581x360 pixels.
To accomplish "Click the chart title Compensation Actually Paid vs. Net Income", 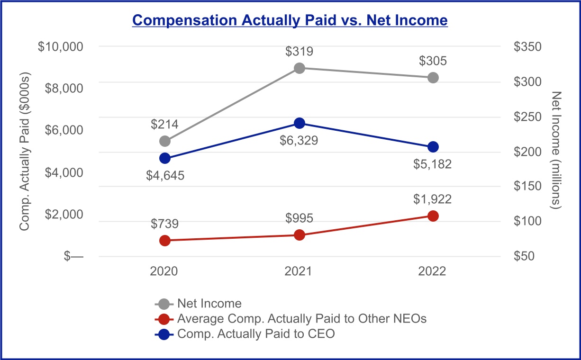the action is click(x=290, y=20).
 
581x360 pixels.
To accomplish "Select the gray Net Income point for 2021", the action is click(x=300, y=68).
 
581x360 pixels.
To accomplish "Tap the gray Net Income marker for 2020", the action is click(x=165, y=141).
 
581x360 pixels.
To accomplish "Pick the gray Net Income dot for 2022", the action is click(x=433, y=78).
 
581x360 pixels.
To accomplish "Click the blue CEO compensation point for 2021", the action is click(x=300, y=123).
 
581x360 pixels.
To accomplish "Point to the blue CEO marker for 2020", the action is click(x=165, y=158).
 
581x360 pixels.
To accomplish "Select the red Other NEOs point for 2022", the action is click(x=433, y=216).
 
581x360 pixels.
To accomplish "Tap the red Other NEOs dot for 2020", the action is click(x=165, y=241).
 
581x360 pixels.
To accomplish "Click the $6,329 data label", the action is click(x=299, y=141).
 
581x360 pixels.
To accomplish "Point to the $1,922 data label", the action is click(x=432, y=199).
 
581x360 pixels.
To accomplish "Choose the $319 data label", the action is click(x=300, y=51).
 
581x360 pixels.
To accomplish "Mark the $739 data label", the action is click(x=165, y=224).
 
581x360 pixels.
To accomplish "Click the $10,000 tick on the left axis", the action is click(x=61, y=46).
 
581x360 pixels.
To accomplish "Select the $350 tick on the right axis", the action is click(x=527, y=46).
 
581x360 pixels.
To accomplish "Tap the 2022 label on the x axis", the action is click(x=432, y=271).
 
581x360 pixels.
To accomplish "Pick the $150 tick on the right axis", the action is click(x=527, y=186).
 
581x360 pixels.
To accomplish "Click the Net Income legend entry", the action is click(x=198, y=304).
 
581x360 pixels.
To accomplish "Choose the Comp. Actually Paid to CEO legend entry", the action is click(x=245, y=334).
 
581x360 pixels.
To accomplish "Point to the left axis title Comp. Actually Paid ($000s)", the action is click(x=25, y=152).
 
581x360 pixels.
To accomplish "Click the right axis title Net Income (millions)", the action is click(x=556, y=150).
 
